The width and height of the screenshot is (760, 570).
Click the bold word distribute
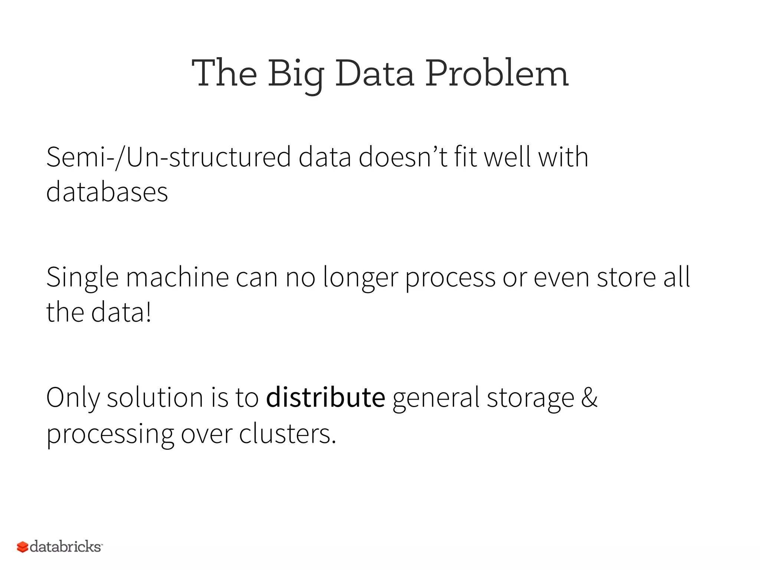326,397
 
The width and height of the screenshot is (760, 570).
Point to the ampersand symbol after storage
589,397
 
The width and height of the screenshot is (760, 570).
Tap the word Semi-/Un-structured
168,157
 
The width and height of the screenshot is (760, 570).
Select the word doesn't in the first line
403,157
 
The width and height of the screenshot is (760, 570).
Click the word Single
82,278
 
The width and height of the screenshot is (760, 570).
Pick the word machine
177,277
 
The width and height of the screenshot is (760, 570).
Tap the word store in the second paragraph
626,277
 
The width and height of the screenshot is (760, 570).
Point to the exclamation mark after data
148,312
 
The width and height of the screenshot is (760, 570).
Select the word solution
155,397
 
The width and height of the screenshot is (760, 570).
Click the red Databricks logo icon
23,547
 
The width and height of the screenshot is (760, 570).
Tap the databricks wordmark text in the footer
65,547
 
